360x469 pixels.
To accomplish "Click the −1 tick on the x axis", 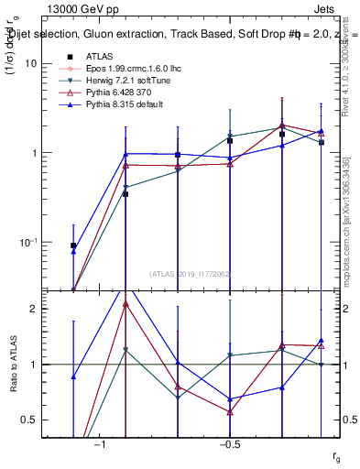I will [100, 445].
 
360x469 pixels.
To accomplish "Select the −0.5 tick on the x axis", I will [229, 445].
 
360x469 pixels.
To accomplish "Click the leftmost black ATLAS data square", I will [73, 245].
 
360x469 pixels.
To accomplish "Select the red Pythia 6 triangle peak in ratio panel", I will [125, 304].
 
